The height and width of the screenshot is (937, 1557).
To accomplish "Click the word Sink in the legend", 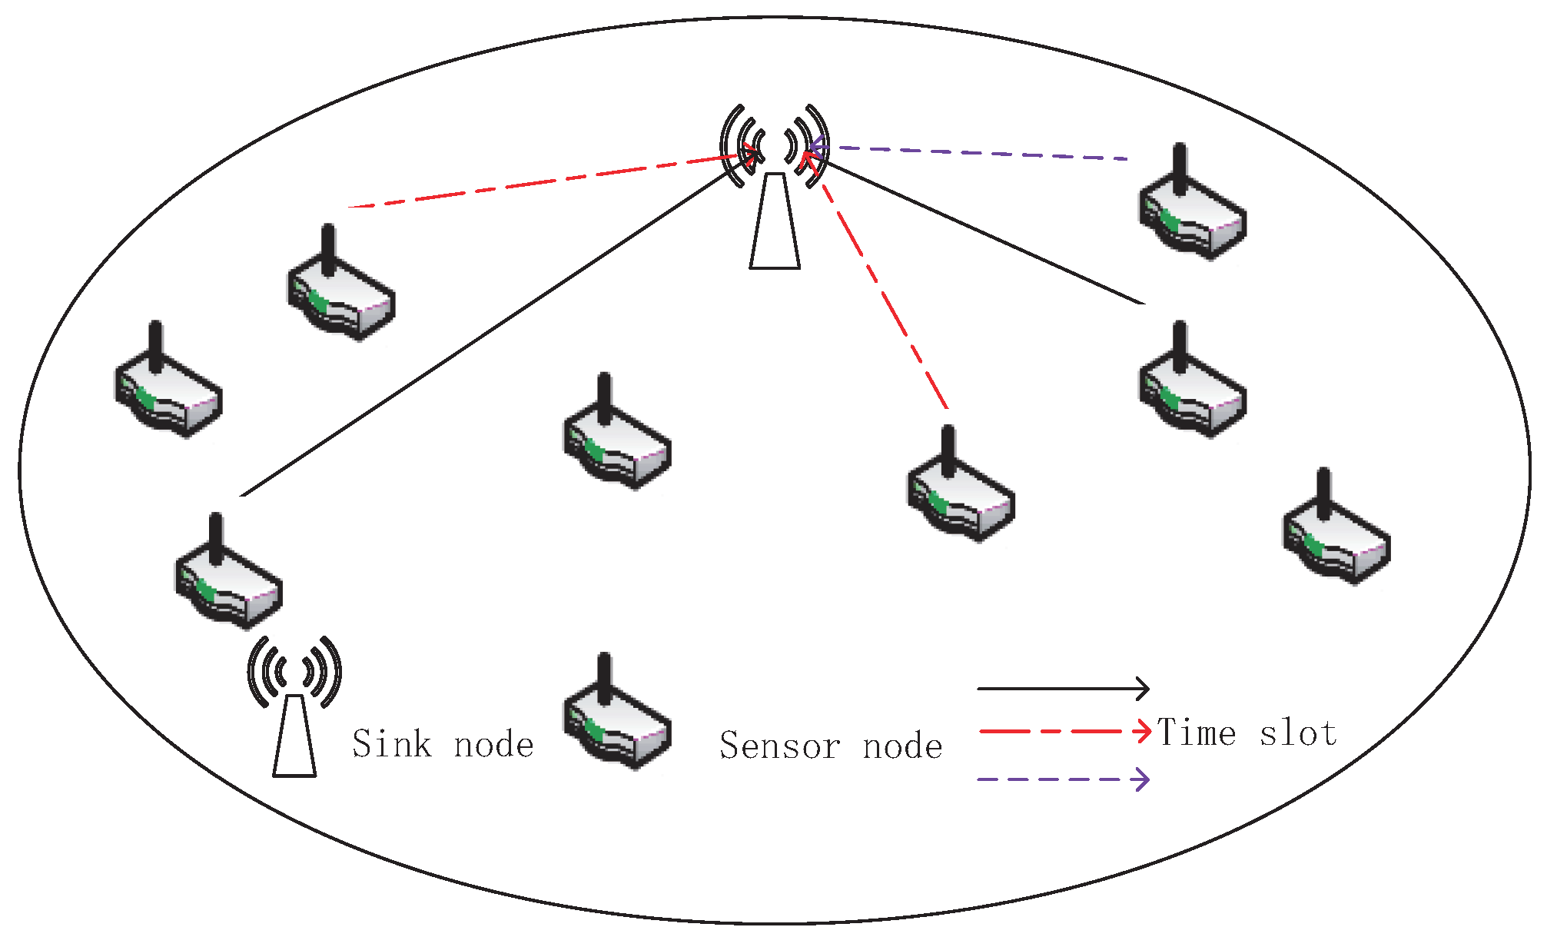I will [x=392, y=744].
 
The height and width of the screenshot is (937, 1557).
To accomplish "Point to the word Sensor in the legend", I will [x=779, y=746].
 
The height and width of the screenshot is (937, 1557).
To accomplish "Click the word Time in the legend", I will [x=1197, y=732].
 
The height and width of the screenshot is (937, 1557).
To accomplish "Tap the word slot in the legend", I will [x=1299, y=733].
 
